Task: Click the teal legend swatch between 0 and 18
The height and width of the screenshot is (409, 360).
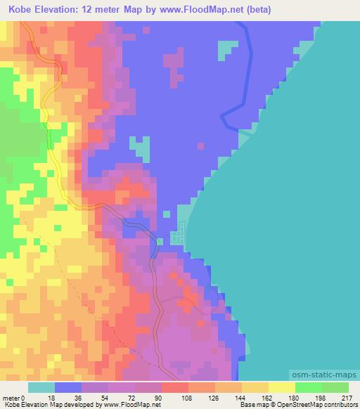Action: [41, 387]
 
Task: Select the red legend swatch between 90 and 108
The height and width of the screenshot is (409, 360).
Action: [175, 387]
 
